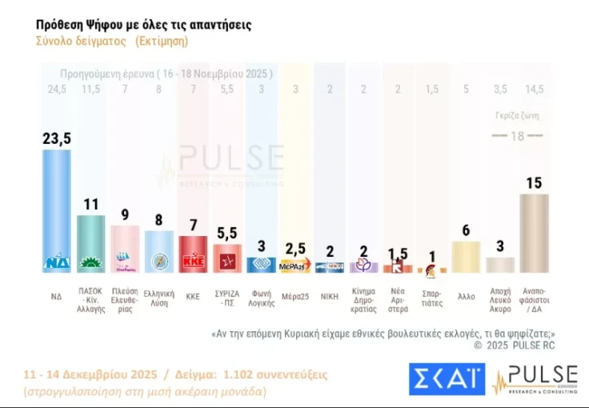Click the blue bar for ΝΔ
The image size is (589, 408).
pos(57,211)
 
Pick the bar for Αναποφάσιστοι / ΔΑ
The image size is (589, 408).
pos(534,233)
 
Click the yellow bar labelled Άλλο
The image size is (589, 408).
pos(466,257)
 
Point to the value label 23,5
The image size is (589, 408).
pos(57,138)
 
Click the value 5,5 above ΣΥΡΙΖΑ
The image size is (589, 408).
pos(226,233)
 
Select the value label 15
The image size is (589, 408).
pos(534,182)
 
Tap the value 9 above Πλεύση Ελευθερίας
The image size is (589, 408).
pos(125,214)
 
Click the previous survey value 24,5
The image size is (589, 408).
pos(57,89)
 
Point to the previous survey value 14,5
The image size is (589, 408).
pos(534,89)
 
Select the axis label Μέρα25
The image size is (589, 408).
pos(294,295)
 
